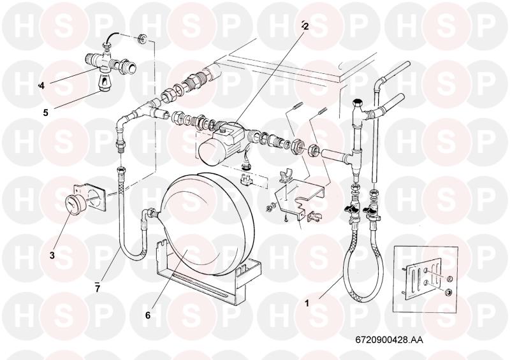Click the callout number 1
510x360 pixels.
tap(307, 303)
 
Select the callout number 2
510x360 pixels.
tap(305, 26)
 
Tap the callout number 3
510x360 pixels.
tap(52, 256)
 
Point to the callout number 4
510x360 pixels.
tap(41, 86)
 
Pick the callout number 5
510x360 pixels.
tap(45, 113)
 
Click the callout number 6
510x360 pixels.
tap(148, 315)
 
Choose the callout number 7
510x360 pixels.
tap(98, 288)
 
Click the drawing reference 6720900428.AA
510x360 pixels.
tap(390, 340)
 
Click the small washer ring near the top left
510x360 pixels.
tap(142, 38)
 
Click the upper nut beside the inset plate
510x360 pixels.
tap(449, 278)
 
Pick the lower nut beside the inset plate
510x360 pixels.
tap(448, 292)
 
